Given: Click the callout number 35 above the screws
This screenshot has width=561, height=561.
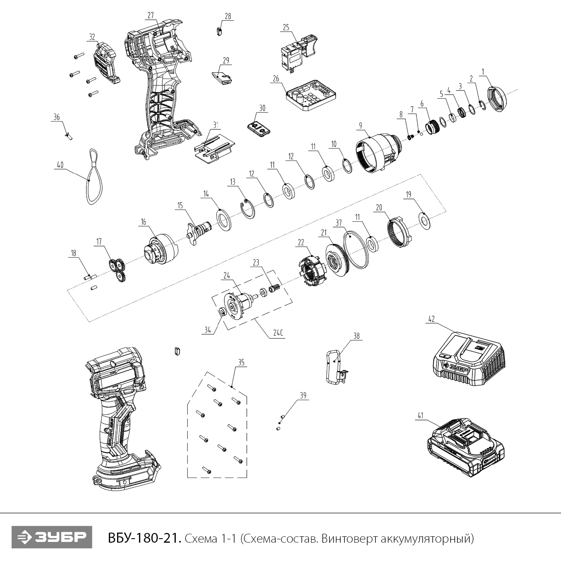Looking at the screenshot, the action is [241, 362].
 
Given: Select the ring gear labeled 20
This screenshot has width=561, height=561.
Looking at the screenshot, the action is [398, 232].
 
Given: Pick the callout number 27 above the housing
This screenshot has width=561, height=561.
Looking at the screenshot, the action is [150, 15].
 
